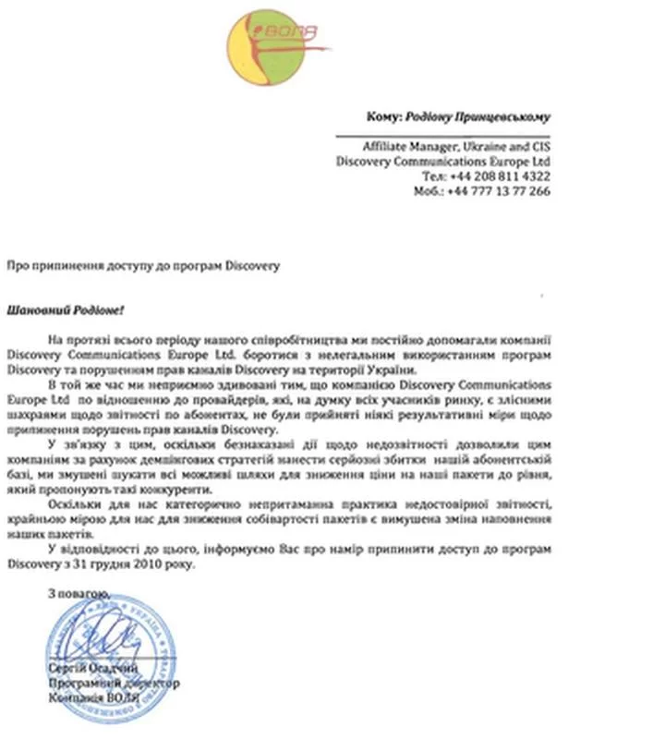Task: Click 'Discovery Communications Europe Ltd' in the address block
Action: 444,161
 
